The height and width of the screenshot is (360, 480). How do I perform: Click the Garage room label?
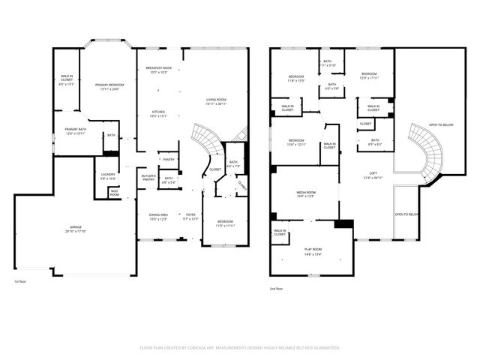(76, 230)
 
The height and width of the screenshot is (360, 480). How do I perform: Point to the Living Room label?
(217, 101)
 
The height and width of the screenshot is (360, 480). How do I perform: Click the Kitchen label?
(157, 114)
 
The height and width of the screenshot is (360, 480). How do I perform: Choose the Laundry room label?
(107, 176)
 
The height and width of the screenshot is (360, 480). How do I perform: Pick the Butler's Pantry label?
(148, 178)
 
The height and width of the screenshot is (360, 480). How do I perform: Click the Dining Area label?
(157, 215)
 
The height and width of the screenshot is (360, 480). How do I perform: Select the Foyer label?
(190, 215)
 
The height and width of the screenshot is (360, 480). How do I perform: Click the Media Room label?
(305, 194)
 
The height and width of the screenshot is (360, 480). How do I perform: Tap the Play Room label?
(313, 250)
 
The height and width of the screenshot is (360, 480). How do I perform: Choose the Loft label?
(373, 175)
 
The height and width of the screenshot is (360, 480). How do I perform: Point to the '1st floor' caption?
(20, 282)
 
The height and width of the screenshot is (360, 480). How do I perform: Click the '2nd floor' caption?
(277, 288)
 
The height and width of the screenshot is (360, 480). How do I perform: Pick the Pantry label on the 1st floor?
(169, 159)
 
